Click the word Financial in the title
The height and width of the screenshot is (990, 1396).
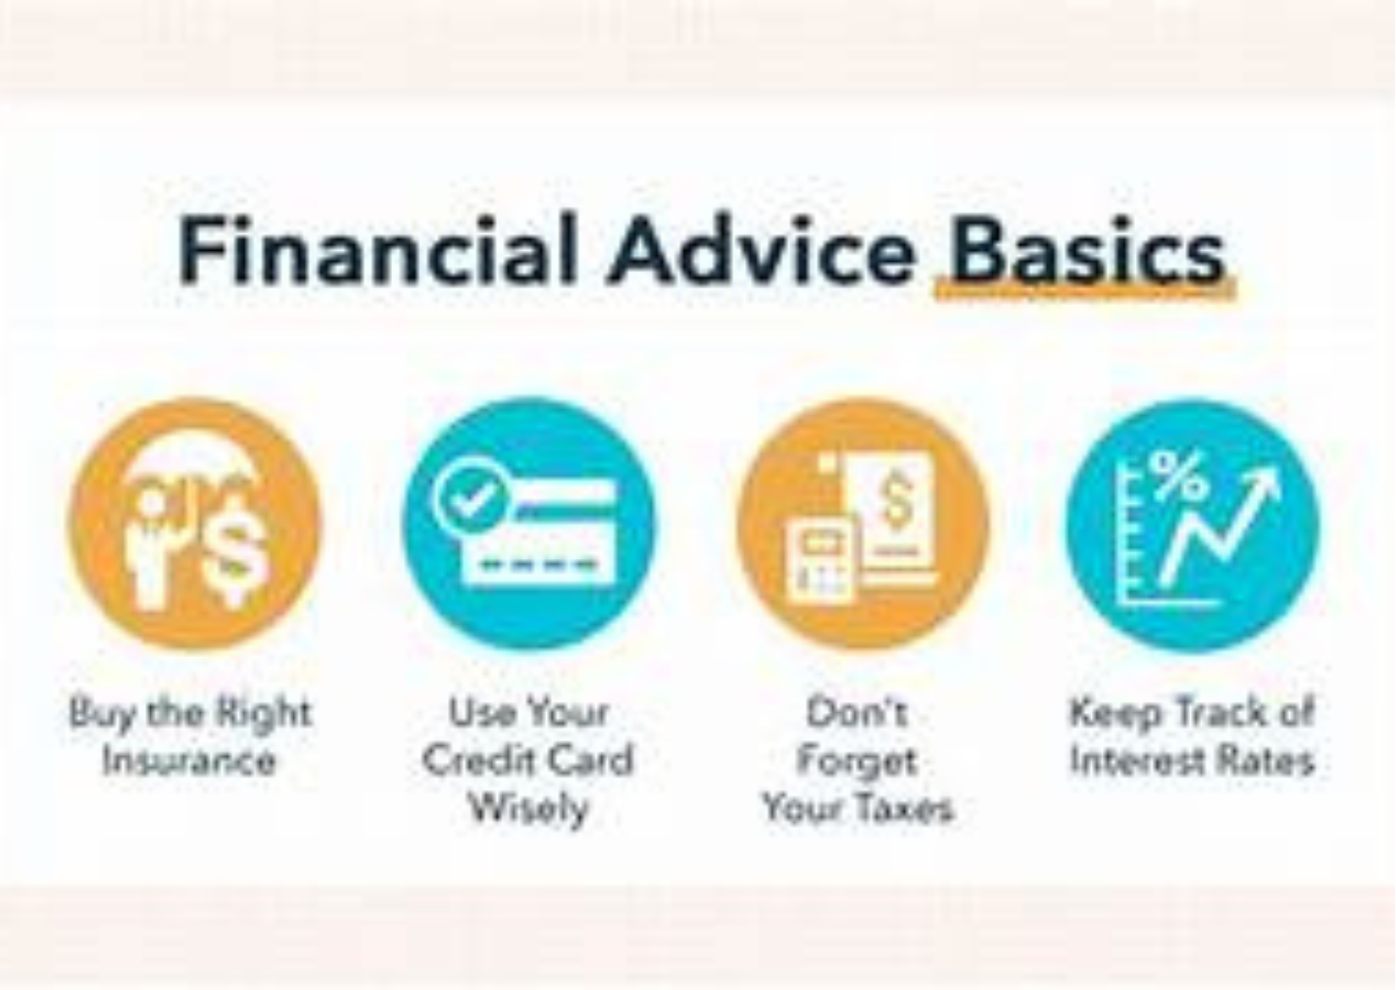[x=376, y=250]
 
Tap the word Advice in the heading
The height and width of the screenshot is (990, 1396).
[x=763, y=250]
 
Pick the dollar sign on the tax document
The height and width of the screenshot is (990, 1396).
[x=897, y=497]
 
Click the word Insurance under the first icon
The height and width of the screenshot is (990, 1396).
[x=188, y=760]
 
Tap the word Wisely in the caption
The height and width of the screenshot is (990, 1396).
[x=529, y=808]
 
